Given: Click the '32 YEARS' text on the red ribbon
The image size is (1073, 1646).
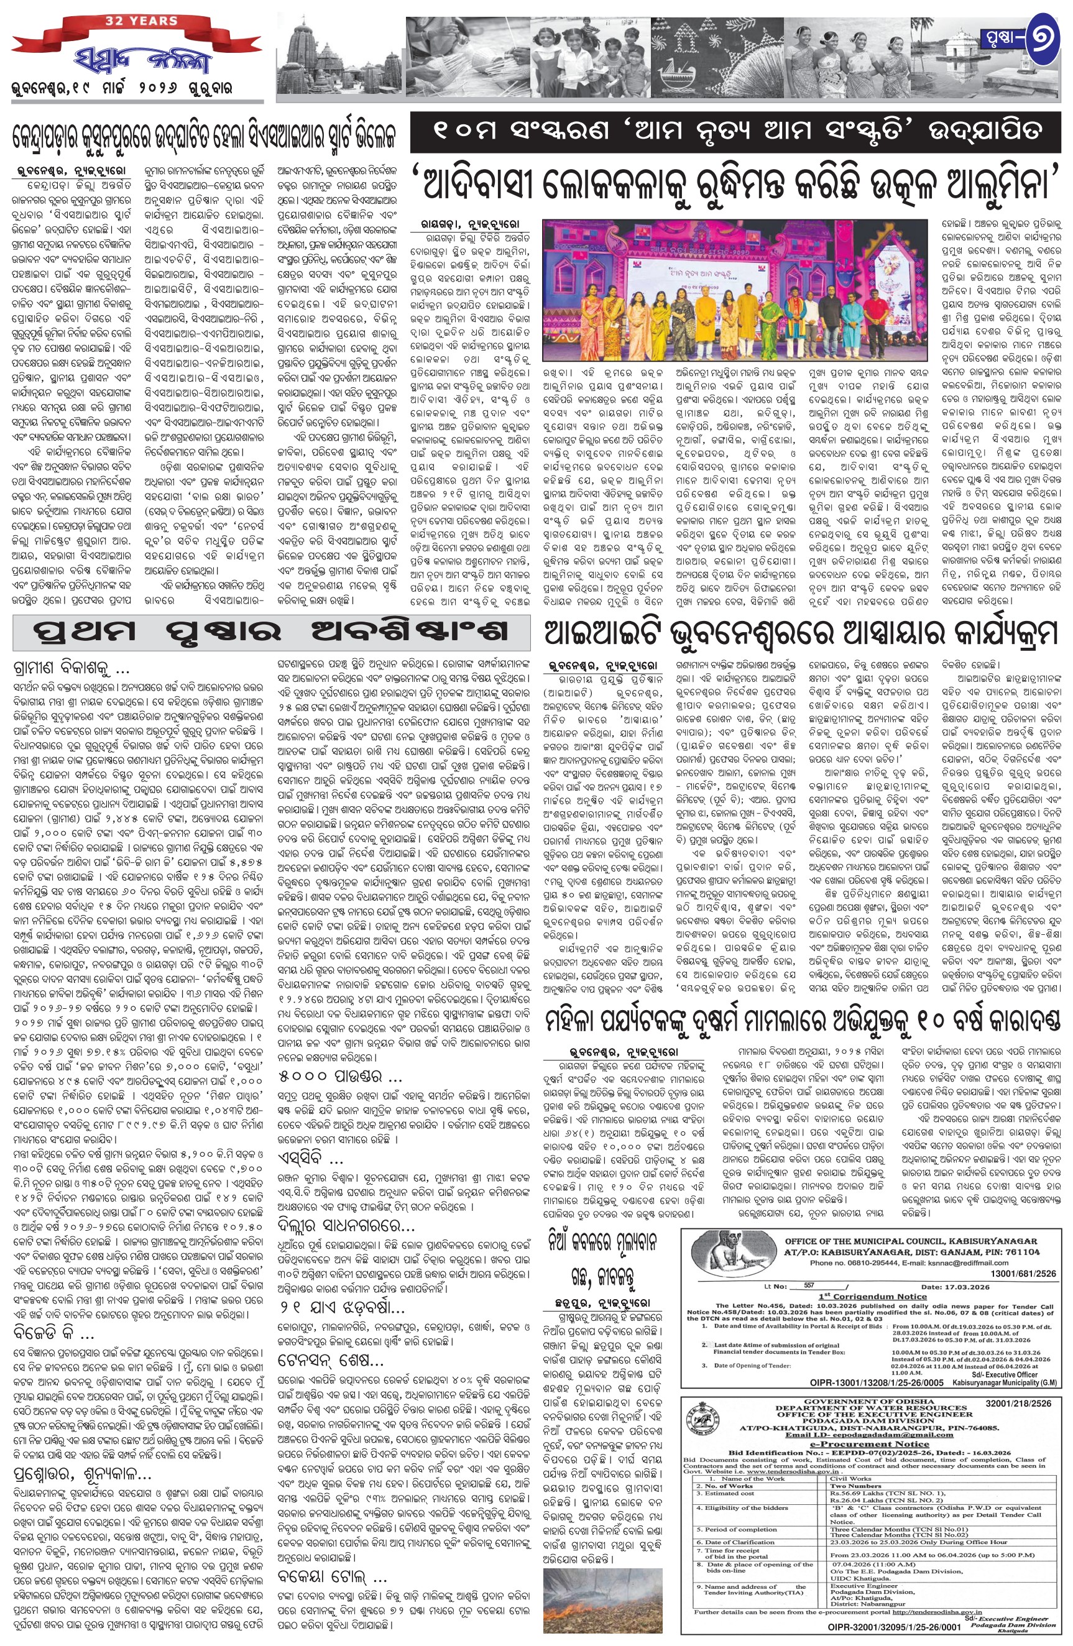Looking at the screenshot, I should click(x=142, y=21).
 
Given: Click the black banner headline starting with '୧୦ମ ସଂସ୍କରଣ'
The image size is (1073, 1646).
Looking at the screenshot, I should click(x=735, y=131).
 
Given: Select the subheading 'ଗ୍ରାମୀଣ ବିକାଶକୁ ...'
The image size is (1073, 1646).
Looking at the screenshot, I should click(x=71, y=669).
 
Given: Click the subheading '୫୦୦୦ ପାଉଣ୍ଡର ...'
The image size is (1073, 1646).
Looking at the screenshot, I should click(x=339, y=1076).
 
